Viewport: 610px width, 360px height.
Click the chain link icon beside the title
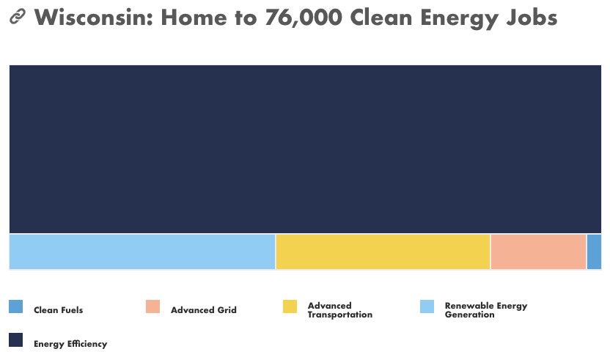point(18,16)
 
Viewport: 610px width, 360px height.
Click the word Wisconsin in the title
point(93,18)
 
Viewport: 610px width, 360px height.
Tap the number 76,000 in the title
point(304,18)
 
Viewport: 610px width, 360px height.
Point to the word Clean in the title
point(381,18)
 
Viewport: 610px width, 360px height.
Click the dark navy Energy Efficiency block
point(306,149)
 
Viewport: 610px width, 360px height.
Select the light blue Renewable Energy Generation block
point(142,251)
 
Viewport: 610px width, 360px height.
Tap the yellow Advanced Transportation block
point(383,251)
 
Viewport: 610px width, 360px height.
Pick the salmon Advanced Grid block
point(538,251)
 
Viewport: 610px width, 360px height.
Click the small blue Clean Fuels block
point(594,251)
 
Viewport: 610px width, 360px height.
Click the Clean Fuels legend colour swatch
point(16,306)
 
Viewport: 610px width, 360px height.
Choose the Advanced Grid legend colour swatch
point(153,306)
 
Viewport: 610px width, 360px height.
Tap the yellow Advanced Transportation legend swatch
point(290,306)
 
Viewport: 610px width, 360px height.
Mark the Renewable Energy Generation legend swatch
point(427,306)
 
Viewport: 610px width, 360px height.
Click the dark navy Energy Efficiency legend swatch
point(16,339)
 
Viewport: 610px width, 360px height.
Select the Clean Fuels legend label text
point(59,310)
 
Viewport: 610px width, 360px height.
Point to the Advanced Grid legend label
point(204,310)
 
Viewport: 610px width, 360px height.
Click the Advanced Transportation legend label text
point(340,310)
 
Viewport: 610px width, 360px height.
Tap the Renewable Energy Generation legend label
point(486,310)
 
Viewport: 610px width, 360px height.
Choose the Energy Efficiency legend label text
point(70,344)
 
